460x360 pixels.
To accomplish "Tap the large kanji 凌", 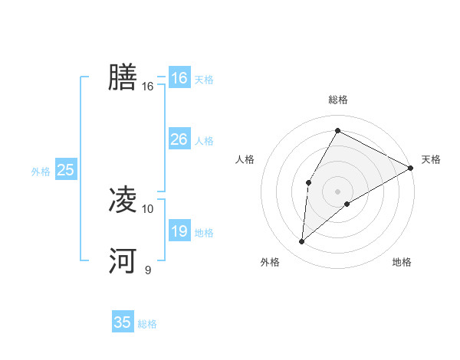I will [x=123, y=200].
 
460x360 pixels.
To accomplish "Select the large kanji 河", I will [x=123, y=261].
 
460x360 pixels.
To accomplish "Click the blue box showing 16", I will [x=179, y=78].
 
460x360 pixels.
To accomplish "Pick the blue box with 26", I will [x=179, y=139].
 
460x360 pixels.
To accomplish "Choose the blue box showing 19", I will [x=179, y=231].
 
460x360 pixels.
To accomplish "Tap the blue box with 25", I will [x=65, y=170].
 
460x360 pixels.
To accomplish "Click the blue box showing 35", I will [x=123, y=322].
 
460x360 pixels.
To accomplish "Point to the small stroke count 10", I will [x=148, y=208].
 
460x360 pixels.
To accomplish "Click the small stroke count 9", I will [x=148, y=270].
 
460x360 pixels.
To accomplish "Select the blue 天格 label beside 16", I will [x=204, y=80].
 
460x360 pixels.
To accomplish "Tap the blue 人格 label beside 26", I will [x=204, y=141].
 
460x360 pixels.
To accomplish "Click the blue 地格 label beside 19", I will [x=204, y=233].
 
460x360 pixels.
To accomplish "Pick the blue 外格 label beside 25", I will [x=41, y=172].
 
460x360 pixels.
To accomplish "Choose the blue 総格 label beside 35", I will [x=147, y=324].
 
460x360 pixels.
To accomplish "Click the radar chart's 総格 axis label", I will [x=337, y=100].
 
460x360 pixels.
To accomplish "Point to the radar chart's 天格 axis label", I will [x=431, y=159].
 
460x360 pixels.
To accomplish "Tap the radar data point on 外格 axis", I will [x=302, y=242].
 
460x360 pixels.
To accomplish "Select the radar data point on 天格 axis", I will [x=411, y=168].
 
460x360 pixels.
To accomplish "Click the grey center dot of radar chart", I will [x=337, y=191].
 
